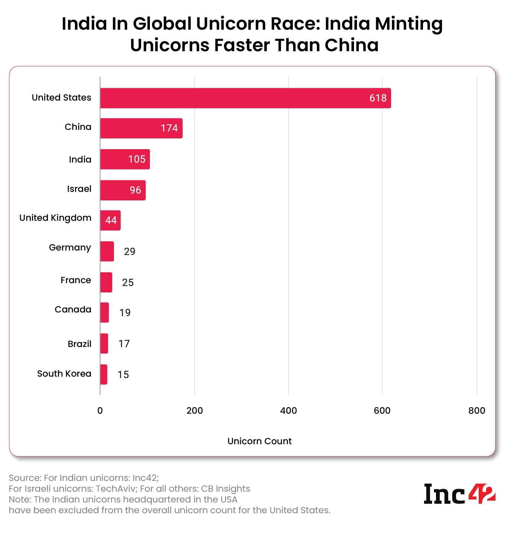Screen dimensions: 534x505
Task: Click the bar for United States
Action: click(245, 98)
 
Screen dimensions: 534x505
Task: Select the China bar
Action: click(141, 128)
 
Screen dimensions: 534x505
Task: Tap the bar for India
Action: click(125, 159)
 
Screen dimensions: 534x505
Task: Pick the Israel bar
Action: click(122, 190)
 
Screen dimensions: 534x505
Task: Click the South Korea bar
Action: click(104, 374)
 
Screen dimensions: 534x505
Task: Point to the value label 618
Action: click(378, 98)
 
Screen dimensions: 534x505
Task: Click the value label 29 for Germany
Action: click(129, 252)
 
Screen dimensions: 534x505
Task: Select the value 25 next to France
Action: click(128, 282)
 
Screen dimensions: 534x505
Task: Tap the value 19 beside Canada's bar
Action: click(125, 313)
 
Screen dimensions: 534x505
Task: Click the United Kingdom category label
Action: click(55, 218)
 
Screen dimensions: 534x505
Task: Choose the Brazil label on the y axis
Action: click(79, 344)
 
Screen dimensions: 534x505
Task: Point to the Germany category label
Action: click(70, 248)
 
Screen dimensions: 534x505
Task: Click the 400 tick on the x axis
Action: click(288, 410)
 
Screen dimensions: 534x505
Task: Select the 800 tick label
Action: click(476, 410)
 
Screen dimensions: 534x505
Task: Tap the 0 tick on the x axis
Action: click(100, 410)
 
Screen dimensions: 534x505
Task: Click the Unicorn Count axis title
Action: click(259, 441)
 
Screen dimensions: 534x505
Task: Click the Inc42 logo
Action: click(459, 494)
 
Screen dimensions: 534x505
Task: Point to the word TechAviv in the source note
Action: click(116, 488)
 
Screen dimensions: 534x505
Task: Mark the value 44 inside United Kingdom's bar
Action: click(111, 220)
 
